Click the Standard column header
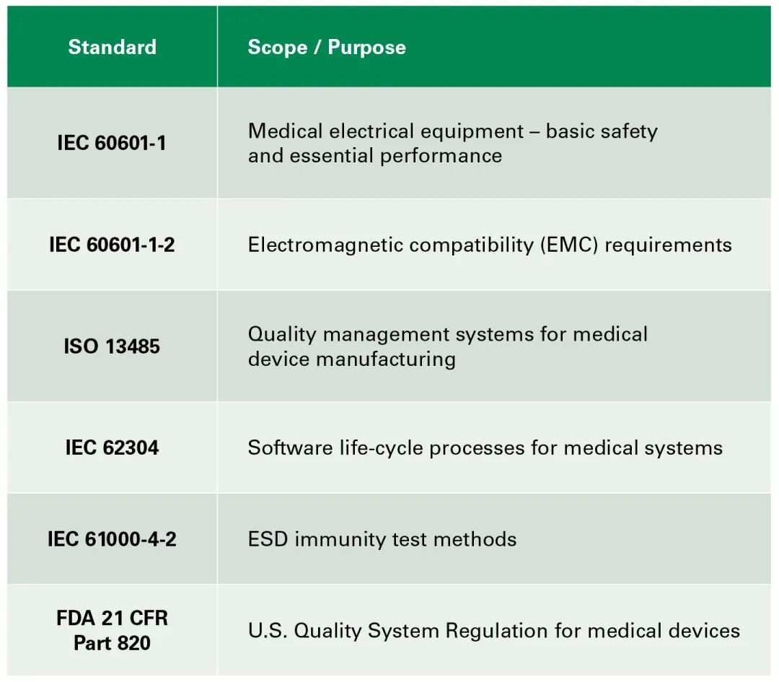pos(113,47)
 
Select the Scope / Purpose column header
pos(327,48)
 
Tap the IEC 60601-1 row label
pos(112,143)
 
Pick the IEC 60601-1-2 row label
pos(112,245)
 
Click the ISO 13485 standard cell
pos(112,346)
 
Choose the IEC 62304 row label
pos(112,448)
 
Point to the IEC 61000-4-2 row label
pos(112,539)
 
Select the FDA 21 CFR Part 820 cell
pos(112,631)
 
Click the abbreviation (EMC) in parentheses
pos(569,245)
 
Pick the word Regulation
pos(497,631)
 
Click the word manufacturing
pos(386,359)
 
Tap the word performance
pos(441,157)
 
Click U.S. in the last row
pos(268,631)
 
